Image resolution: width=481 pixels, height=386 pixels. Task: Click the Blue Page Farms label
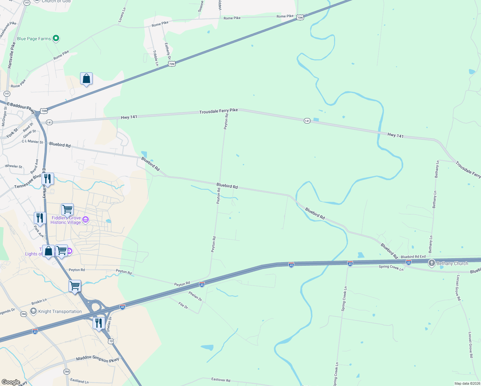(34, 39)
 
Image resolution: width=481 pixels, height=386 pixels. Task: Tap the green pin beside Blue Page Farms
(56, 39)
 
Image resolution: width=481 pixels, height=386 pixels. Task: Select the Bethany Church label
(452, 264)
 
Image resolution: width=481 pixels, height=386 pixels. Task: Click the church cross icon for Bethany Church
(431, 263)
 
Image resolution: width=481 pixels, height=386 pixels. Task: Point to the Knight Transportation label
(60, 311)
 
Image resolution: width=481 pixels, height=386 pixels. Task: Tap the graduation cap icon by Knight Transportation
(33, 311)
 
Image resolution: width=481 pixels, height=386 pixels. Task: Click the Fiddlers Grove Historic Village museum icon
(86, 220)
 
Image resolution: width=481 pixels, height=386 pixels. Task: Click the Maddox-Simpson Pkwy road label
(97, 359)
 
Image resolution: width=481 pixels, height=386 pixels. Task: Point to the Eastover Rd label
(221, 380)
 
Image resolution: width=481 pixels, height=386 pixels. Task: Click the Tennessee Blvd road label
(28, 182)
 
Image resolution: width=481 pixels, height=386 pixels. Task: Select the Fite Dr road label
(183, 305)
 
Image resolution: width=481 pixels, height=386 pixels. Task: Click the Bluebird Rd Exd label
(413, 257)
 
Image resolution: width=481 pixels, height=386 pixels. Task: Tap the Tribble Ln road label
(156, 58)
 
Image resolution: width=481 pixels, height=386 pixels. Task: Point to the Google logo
(11, 382)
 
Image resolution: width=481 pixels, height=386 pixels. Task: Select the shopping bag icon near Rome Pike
(86, 79)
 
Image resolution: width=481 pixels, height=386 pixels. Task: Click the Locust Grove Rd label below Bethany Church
(458, 288)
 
